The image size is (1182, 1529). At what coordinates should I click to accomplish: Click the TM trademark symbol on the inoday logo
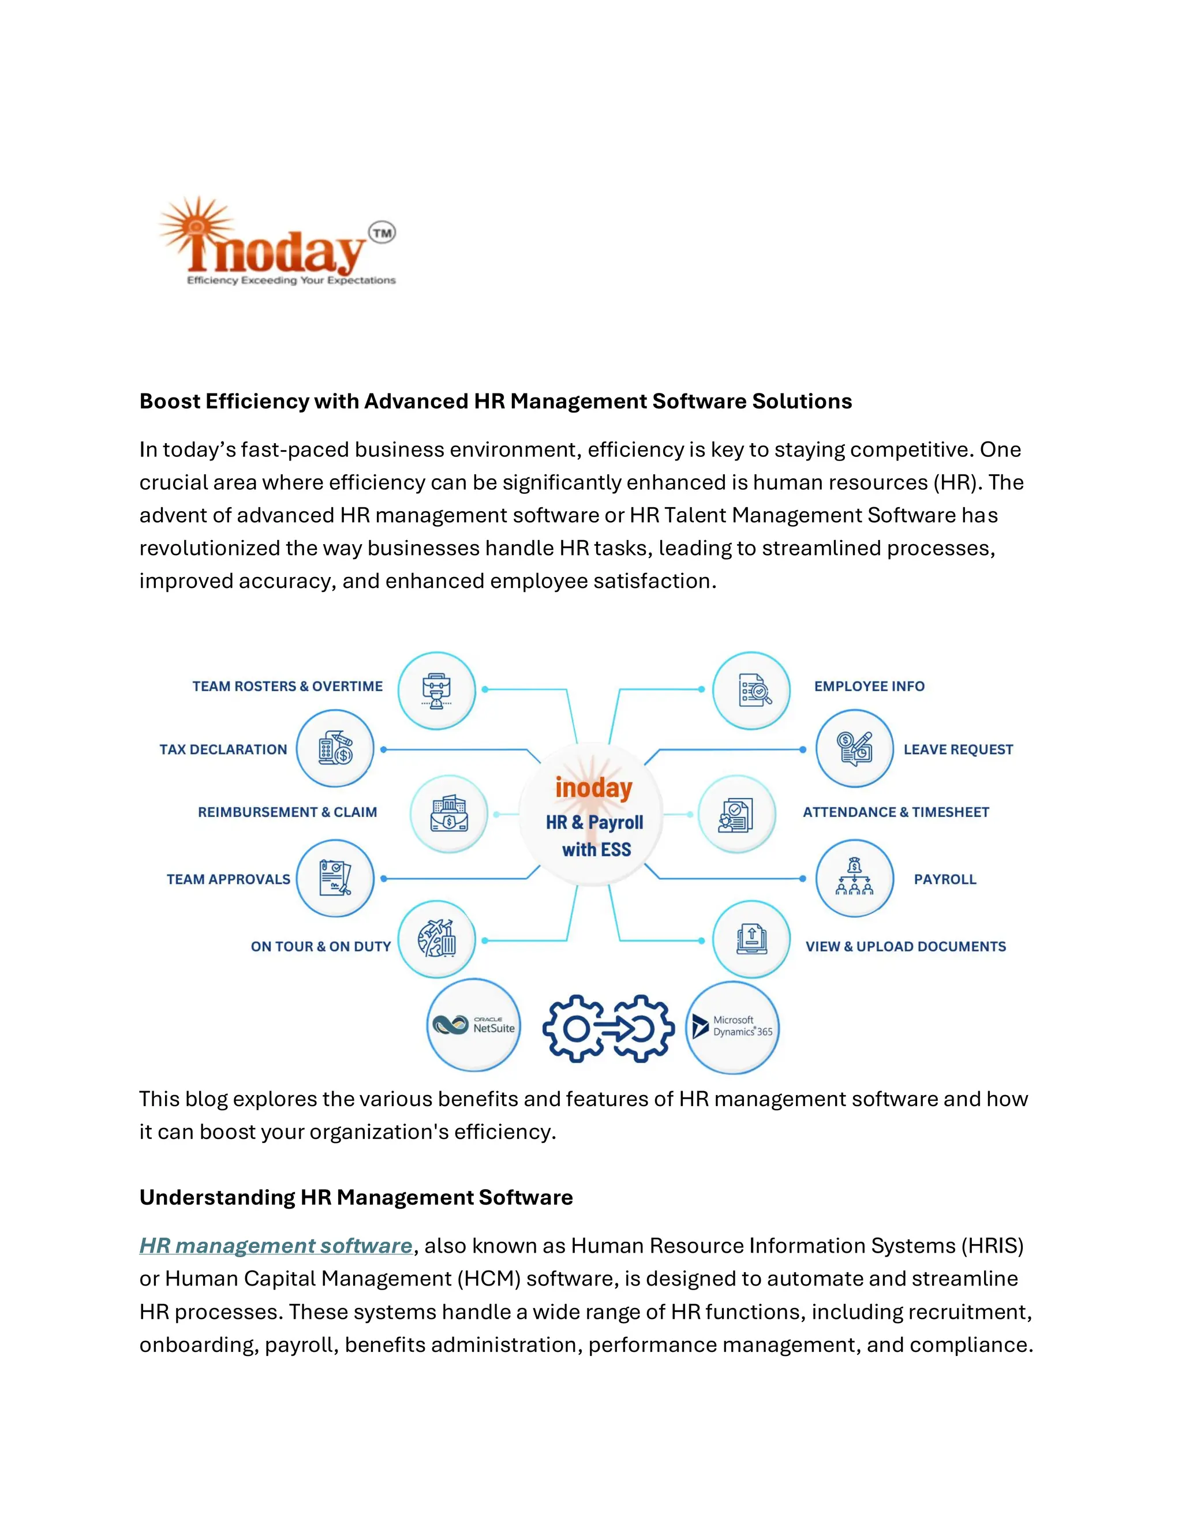click(x=381, y=233)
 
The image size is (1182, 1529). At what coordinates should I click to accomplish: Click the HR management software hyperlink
click(x=276, y=1246)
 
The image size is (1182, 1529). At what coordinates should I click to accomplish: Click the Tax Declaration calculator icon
click(x=335, y=748)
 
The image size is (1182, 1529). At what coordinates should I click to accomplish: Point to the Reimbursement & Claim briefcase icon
click(x=449, y=814)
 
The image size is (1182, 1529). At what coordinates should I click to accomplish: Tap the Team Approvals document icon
click(x=335, y=878)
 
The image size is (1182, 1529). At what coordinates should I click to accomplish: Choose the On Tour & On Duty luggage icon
click(x=437, y=939)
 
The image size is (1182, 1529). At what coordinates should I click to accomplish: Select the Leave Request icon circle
click(x=854, y=748)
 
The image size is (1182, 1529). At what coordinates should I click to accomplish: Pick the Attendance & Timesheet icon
click(x=736, y=814)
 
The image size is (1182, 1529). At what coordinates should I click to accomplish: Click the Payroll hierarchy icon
click(x=854, y=878)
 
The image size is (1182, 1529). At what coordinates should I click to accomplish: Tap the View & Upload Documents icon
click(x=751, y=939)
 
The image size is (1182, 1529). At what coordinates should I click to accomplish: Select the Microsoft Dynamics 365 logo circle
click(x=732, y=1027)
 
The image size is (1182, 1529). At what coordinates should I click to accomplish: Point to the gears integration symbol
click(x=608, y=1028)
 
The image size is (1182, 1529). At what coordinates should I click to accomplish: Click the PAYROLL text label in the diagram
click(x=945, y=879)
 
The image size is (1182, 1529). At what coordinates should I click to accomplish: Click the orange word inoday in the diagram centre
click(x=594, y=788)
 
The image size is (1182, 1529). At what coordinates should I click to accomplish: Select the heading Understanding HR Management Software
click(x=356, y=1197)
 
